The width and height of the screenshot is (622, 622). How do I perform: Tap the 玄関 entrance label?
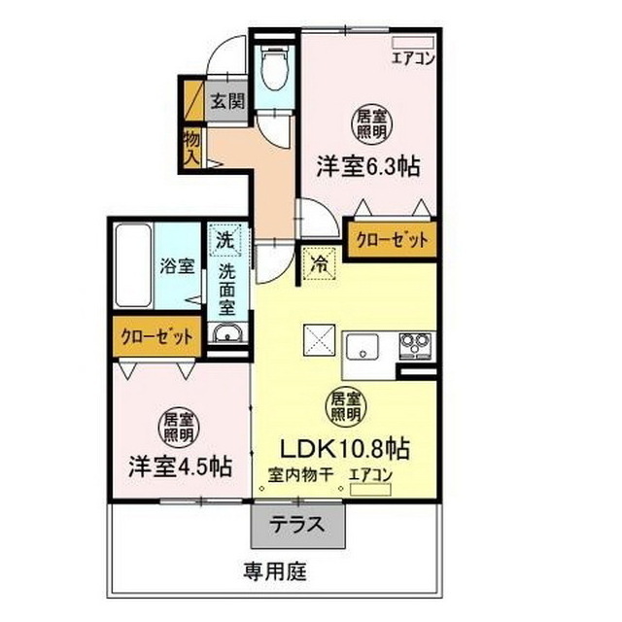229,100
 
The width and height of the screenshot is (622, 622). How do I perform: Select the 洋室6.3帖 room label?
367,166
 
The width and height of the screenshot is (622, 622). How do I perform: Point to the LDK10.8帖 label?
344,449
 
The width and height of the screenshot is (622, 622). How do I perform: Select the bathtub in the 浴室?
130,264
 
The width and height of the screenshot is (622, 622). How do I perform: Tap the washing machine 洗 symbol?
225,239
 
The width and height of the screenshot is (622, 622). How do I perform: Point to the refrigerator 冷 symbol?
318,261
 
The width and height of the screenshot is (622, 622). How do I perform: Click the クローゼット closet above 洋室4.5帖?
155,336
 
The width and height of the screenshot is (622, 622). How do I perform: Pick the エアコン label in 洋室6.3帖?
413,56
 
